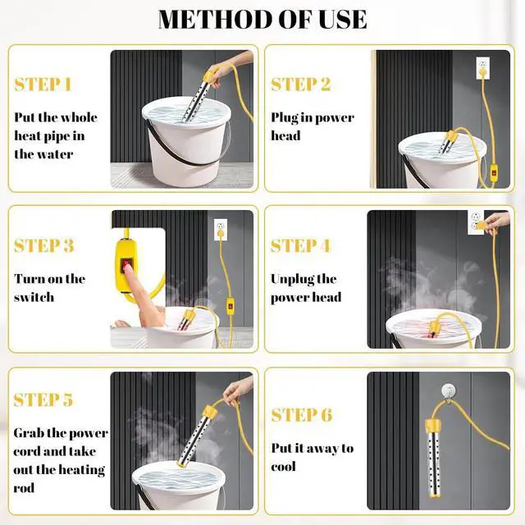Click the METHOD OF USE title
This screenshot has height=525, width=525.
(262, 20)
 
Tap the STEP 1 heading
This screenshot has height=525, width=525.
(43, 84)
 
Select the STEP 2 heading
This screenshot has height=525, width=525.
(301, 84)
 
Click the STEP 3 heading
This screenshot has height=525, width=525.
(43, 245)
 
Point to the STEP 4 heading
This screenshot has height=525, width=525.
(301, 245)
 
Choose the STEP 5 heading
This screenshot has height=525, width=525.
(43, 399)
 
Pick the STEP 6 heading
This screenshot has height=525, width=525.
(302, 415)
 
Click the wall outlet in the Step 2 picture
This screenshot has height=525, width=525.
(483, 68)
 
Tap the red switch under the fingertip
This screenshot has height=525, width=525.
(126, 263)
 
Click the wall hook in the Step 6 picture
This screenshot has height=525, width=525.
(448, 391)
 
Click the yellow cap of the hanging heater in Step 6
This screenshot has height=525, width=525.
(434, 427)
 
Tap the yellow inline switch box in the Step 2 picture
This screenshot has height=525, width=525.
(494, 173)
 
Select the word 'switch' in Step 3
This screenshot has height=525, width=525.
(34, 297)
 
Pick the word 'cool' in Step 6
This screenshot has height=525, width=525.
(283, 467)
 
